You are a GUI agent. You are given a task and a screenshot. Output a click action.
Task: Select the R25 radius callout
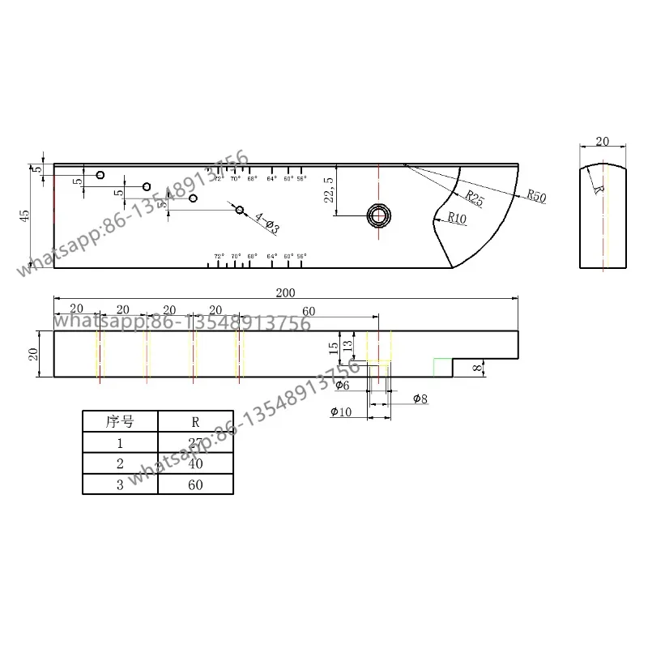pos(474,198)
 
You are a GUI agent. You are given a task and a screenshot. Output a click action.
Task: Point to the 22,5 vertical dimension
pos(328,190)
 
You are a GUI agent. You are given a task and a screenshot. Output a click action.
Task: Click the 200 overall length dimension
pos(285,292)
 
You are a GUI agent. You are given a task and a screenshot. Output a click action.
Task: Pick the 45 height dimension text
pos(24,215)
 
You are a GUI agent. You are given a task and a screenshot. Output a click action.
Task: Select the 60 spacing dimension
pos(309,311)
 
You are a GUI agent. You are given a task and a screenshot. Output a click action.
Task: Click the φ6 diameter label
pos(342,386)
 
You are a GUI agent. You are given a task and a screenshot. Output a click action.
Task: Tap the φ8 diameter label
pos(420,398)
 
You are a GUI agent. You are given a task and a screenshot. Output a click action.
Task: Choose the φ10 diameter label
pos(341,412)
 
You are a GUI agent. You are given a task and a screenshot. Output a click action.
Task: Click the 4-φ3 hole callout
pos(266,223)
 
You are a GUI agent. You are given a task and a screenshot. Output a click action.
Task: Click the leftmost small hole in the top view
pos(100,175)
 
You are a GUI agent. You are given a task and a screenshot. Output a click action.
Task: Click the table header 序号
pos(120,421)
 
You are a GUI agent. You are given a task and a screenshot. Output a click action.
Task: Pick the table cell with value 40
pos(195,463)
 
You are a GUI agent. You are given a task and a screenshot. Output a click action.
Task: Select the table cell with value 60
pos(195,484)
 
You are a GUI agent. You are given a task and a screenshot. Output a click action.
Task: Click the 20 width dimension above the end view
pos(602,141)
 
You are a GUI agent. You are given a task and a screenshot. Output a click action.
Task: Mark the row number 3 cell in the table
pos(120,484)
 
